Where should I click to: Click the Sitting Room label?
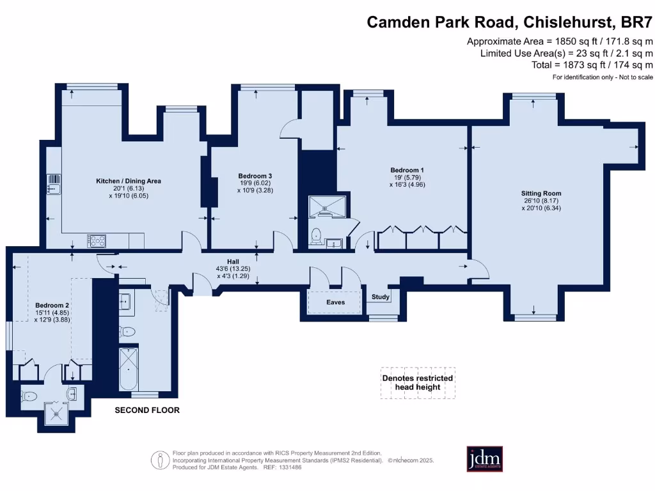541,193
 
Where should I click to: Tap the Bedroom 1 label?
407,170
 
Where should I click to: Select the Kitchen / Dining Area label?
128,181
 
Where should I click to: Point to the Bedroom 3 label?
255,176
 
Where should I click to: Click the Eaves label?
335,302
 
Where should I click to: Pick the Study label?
381,297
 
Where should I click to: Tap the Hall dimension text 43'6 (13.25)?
233,269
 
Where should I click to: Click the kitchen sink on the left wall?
54,185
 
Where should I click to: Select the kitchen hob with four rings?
97,241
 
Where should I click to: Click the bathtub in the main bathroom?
128,369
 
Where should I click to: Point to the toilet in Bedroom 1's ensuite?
316,235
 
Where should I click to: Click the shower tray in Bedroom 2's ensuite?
56,414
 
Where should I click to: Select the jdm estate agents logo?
485,459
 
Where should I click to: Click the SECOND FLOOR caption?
147,410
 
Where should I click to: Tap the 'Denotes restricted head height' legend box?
418,383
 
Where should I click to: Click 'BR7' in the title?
636,22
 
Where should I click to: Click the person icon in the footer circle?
159,460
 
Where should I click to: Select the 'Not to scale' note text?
636,77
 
